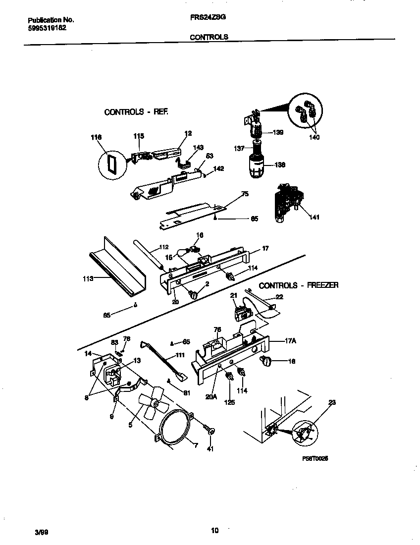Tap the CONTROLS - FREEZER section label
point(299,285)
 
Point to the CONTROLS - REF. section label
point(136,112)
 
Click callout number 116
point(96,137)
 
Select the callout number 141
point(314,217)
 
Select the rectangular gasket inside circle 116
point(111,163)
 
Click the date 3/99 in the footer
point(42,532)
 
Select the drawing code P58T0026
point(315,459)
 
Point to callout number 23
point(332,402)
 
